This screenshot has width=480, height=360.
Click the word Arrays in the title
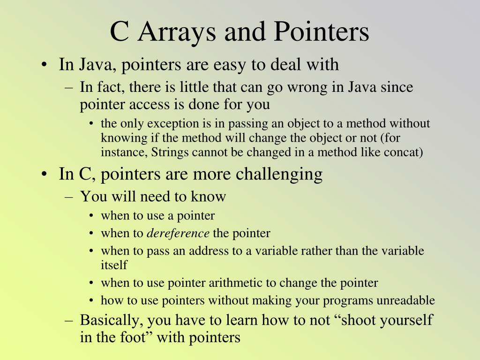tap(177, 32)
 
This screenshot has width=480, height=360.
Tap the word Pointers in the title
tap(322, 31)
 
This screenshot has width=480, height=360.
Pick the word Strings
tap(170, 153)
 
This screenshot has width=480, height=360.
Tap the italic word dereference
tap(178, 233)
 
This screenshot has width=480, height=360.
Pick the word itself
tap(114, 265)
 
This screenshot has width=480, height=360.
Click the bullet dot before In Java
tap(45, 65)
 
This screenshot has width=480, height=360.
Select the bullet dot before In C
tap(45, 174)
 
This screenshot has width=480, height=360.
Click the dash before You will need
tap(69, 197)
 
